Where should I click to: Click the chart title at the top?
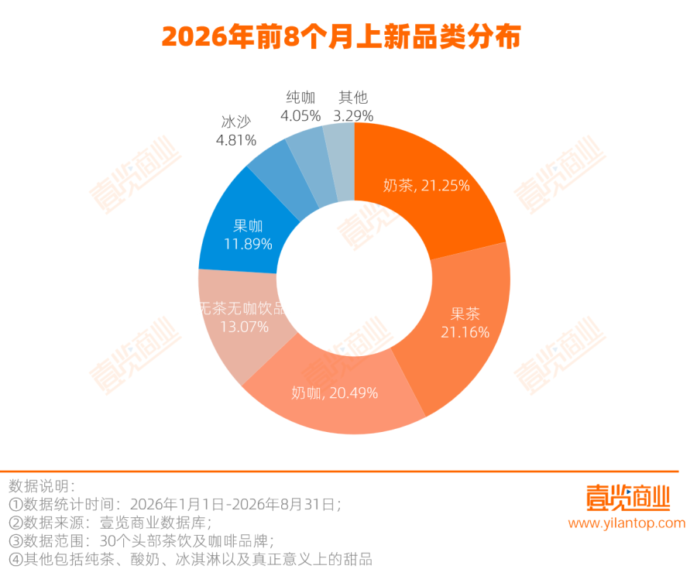pyautogui.click(x=341, y=36)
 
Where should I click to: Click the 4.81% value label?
pyautogui.click(x=236, y=140)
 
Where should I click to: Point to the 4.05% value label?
pyautogui.click(x=300, y=116)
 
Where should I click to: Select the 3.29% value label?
pyautogui.click(x=353, y=116)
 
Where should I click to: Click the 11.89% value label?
pyautogui.click(x=248, y=244)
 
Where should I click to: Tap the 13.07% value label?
pyautogui.click(x=245, y=327)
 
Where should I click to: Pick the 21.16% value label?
pyautogui.click(x=465, y=332)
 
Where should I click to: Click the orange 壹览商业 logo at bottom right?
pyautogui.click(x=627, y=498)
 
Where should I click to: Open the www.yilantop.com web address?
pyautogui.click(x=627, y=523)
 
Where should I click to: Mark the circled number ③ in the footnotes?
pyautogui.click(x=16, y=541)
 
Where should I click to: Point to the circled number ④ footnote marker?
pyautogui.click(x=16, y=560)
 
